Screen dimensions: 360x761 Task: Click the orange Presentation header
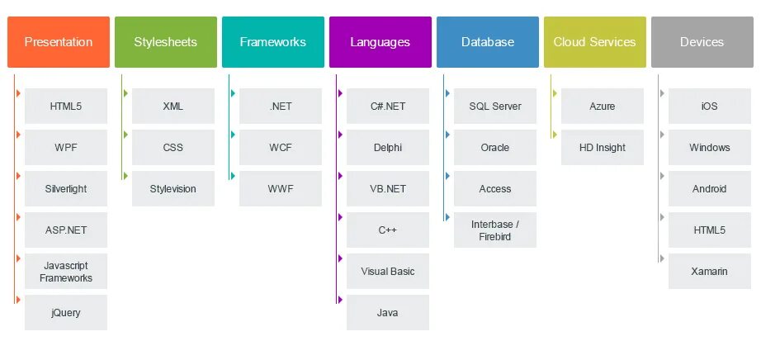(59, 42)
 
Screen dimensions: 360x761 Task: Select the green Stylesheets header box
(166, 42)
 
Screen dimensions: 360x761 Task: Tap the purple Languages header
(379, 42)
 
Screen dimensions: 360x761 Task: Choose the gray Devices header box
(702, 42)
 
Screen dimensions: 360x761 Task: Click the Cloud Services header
(594, 42)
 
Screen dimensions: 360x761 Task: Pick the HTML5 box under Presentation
(66, 107)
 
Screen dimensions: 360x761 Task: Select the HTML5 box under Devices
(710, 230)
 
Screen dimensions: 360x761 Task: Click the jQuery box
(66, 313)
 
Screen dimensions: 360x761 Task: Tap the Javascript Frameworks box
(66, 272)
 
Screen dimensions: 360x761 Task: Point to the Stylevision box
(173, 189)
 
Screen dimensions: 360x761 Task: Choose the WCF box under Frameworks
(281, 148)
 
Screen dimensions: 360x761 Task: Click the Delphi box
(388, 148)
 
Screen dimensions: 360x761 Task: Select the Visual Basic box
(388, 272)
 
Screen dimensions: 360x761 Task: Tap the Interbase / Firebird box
(495, 230)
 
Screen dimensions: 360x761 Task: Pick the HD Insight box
(603, 148)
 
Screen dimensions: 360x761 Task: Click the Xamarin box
(710, 272)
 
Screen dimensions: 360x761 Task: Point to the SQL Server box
(495, 107)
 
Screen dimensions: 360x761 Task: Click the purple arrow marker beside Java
(339, 300)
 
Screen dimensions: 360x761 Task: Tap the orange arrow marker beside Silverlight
(17, 176)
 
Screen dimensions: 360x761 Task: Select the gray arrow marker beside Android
(661, 176)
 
